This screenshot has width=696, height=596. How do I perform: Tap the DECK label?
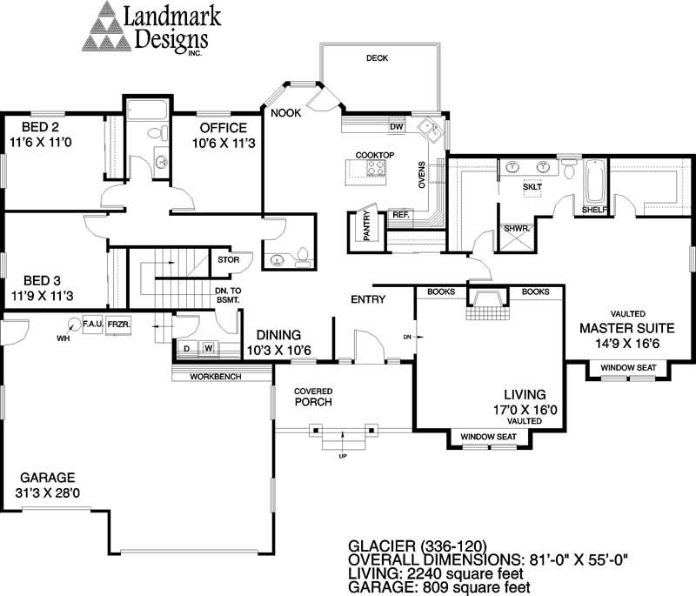tap(377, 58)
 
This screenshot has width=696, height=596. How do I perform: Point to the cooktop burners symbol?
tap(376, 169)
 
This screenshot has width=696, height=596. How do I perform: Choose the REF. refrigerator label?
tap(400, 214)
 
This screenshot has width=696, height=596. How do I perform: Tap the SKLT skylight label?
tap(532, 187)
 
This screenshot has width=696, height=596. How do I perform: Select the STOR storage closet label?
tap(228, 258)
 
